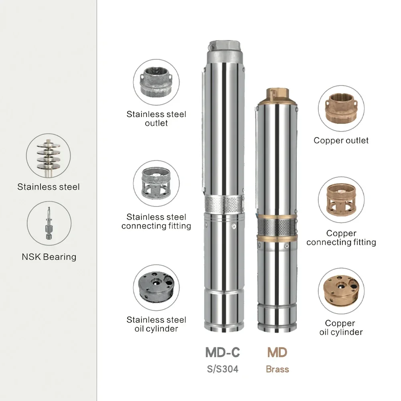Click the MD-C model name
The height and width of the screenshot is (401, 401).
click(x=223, y=352)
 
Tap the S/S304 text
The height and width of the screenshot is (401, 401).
click(x=223, y=369)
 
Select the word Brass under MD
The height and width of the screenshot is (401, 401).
click(x=277, y=369)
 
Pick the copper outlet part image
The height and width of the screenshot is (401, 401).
click(x=341, y=108)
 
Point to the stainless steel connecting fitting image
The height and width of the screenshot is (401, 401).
click(x=156, y=184)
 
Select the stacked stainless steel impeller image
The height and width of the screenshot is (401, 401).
click(x=49, y=156)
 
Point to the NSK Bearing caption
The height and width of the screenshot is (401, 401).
click(x=49, y=257)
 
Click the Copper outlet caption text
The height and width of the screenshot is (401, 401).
click(x=341, y=140)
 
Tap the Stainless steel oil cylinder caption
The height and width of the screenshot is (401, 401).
click(x=156, y=324)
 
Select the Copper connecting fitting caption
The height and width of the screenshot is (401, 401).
click(x=341, y=238)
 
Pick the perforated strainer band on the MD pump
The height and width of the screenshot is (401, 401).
click(x=277, y=228)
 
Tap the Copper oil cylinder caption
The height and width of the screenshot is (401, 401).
click(x=341, y=328)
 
